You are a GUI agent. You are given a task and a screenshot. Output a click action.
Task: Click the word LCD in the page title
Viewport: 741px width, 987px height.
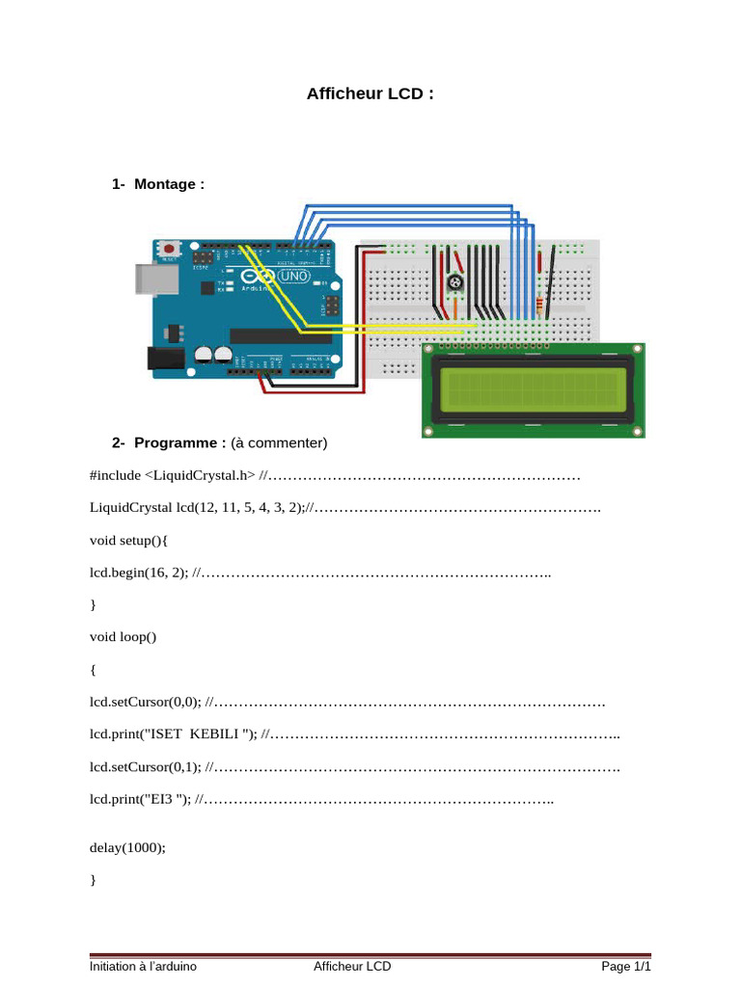(405, 93)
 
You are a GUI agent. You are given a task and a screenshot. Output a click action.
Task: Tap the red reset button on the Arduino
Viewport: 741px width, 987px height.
(169, 250)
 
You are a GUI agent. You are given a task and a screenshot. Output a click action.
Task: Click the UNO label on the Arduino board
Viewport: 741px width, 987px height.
(293, 276)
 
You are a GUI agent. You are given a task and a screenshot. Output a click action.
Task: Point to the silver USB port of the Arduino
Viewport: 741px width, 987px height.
(157, 280)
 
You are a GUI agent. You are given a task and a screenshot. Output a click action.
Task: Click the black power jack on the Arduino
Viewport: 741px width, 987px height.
(166, 359)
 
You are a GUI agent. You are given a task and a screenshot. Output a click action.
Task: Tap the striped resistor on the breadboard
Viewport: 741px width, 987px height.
(540, 306)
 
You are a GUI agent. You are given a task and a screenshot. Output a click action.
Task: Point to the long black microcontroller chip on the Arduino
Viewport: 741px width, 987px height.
(281, 335)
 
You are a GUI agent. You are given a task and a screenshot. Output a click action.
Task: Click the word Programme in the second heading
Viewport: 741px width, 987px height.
(176, 443)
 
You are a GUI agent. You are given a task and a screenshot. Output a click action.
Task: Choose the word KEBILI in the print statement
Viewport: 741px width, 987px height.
(214, 734)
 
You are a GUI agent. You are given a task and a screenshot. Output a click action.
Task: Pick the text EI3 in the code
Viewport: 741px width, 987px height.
(161, 799)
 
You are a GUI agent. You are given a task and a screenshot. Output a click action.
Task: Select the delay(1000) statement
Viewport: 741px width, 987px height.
(127, 848)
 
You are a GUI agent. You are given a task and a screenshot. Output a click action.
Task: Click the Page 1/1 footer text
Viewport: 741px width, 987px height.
(625, 966)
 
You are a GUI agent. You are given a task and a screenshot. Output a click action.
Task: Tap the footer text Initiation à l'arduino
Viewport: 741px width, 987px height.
(143, 966)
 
